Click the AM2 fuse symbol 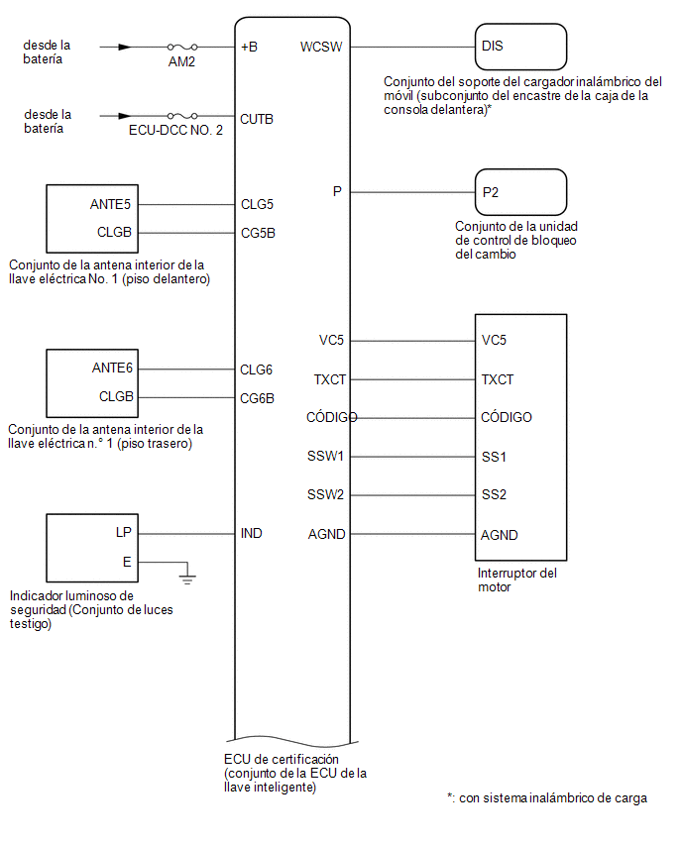point(182,47)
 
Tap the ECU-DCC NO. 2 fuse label point(175,130)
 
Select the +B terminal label point(249,47)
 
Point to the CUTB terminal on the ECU point(257,119)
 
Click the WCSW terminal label point(321,47)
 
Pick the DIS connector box point(520,47)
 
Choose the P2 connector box point(520,192)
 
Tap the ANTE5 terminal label point(110,204)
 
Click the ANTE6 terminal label point(112,368)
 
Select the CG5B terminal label point(258,233)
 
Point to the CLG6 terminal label point(256,369)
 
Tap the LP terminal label point(123,532)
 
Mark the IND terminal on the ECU point(251,533)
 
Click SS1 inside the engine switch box point(494,457)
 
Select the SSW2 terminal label point(325,494)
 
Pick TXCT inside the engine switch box point(498,380)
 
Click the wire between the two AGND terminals point(412,534)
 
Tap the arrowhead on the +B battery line point(125,47)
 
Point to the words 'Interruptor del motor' point(517,580)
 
